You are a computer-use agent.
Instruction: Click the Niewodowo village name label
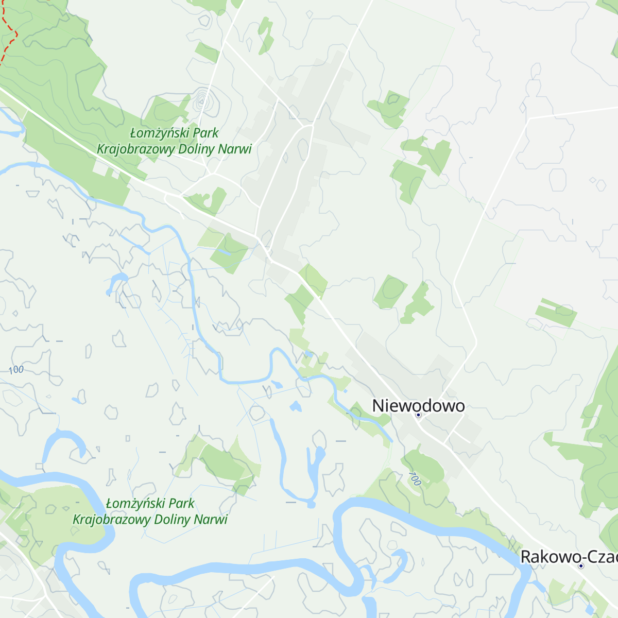pos(418,406)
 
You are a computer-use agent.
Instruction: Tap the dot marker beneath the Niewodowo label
pos(418,415)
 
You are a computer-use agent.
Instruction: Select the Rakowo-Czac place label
pos(569,557)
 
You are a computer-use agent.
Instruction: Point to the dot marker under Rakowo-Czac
pos(581,565)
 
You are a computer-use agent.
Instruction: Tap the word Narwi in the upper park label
pos(234,149)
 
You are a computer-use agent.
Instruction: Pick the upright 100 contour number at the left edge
pos(16,370)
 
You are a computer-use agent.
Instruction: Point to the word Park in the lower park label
pos(181,503)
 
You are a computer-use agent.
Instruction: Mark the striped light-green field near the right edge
pos(556,312)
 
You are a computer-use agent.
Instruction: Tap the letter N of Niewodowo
pos(378,406)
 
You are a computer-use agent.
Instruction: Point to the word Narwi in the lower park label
pos(210,519)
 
